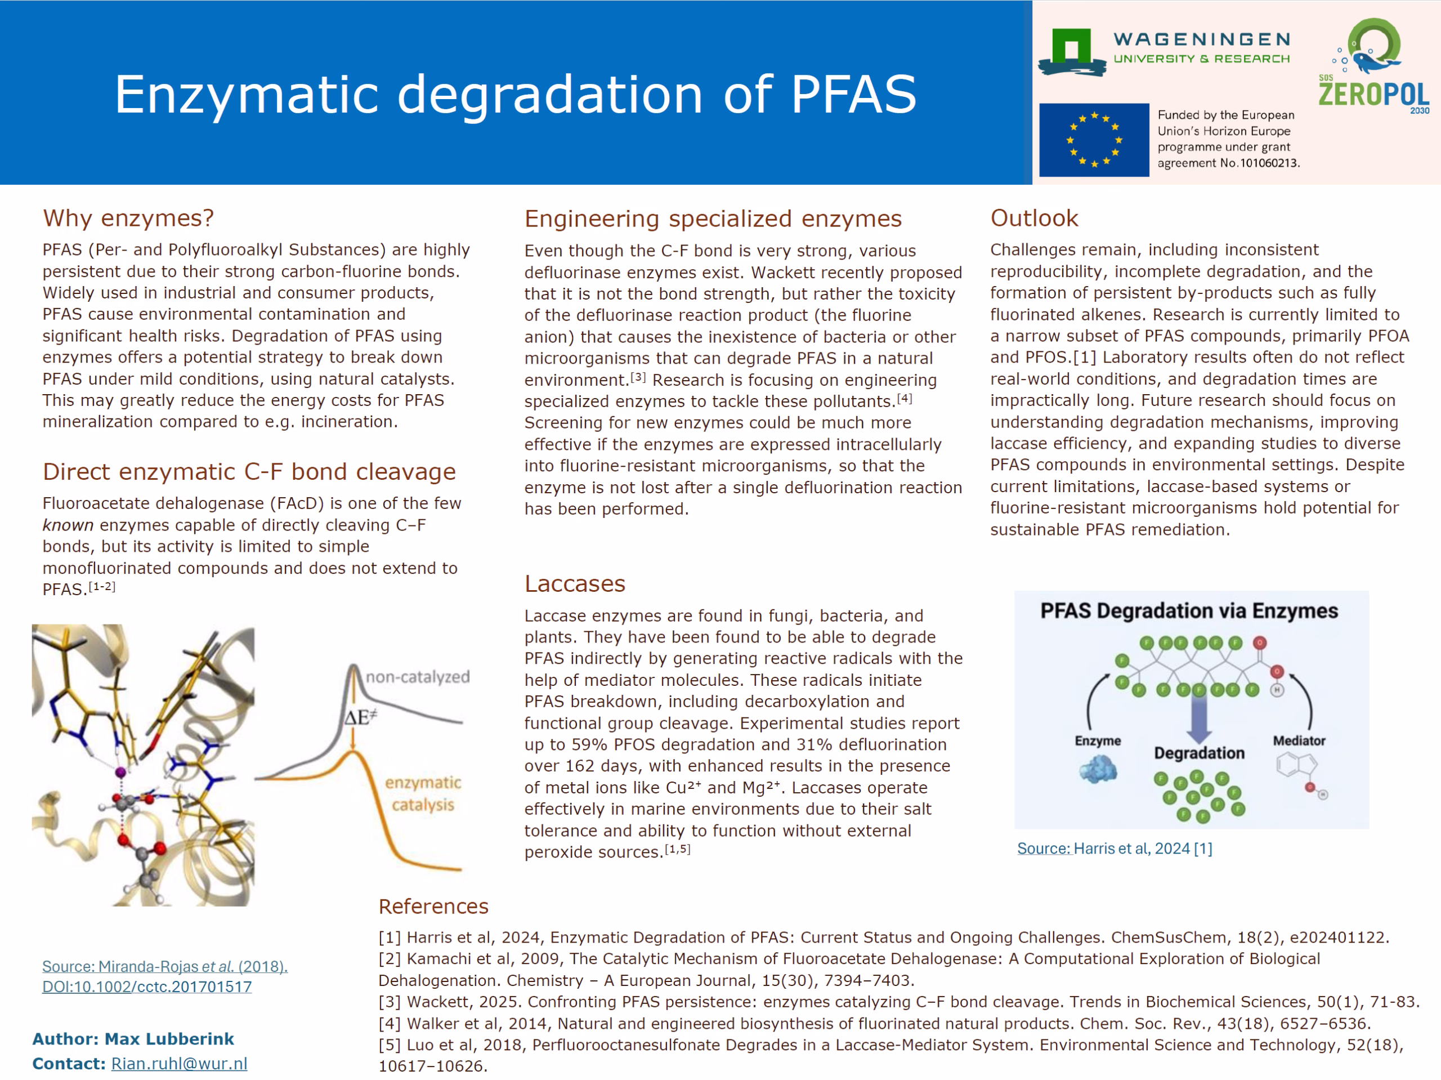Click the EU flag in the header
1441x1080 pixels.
point(1094,140)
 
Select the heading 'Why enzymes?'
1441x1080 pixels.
point(128,218)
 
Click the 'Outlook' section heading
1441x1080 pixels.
point(1034,218)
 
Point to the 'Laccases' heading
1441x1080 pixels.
point(575,583)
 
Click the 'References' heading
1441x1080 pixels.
point(433,906)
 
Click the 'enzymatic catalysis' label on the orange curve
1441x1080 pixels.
point(423,793)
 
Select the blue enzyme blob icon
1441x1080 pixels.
point(1098,769)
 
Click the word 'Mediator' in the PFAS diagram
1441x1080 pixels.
point(1299,740)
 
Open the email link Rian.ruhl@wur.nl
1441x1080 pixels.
point(179,1064)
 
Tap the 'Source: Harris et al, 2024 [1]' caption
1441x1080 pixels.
point(1115,849)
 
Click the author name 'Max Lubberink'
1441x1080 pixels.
point(169,1039)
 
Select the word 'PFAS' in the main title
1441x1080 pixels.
point(854,95)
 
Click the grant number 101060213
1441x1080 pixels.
point(1269,163)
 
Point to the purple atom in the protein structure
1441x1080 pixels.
point(120,773)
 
